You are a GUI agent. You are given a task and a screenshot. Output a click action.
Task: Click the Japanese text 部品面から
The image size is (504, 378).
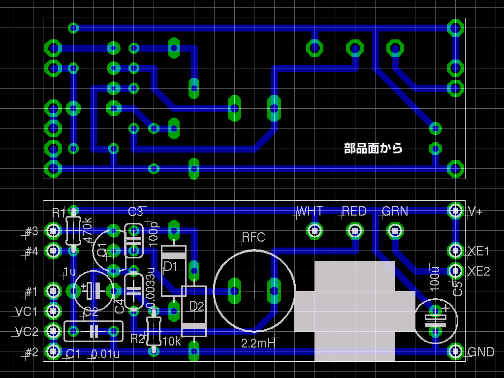pos(373,148)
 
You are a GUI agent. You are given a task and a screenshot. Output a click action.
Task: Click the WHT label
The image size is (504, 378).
pos(311,211)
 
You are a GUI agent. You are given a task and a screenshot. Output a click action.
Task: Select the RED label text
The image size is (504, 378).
pos(354,211)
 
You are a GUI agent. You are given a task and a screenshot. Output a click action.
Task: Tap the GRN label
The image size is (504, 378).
pos(395,211)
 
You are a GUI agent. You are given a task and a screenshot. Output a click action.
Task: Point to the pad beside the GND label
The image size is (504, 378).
pos(455,351)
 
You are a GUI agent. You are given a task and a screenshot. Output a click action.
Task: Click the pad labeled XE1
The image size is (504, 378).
pos(455,251)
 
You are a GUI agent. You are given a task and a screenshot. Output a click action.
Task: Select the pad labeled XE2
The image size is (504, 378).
pos(455,271)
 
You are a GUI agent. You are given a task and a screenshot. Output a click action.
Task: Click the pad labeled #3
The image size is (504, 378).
pos(53,230)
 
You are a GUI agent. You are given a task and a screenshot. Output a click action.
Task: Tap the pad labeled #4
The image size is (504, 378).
pos(53,251)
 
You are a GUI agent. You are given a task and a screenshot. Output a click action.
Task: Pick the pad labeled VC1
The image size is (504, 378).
pos(53,311)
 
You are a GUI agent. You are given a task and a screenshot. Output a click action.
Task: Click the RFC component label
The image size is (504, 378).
pos(254,238)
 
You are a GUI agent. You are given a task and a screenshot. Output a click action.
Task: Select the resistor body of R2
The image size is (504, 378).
pos(154,331)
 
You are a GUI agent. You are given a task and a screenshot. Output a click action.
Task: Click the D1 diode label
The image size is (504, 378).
pos(171,266)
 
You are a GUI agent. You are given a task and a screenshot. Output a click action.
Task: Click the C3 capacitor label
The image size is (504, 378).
pos(135,212)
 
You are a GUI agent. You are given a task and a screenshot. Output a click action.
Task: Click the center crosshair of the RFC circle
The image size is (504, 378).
pos(254,291)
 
